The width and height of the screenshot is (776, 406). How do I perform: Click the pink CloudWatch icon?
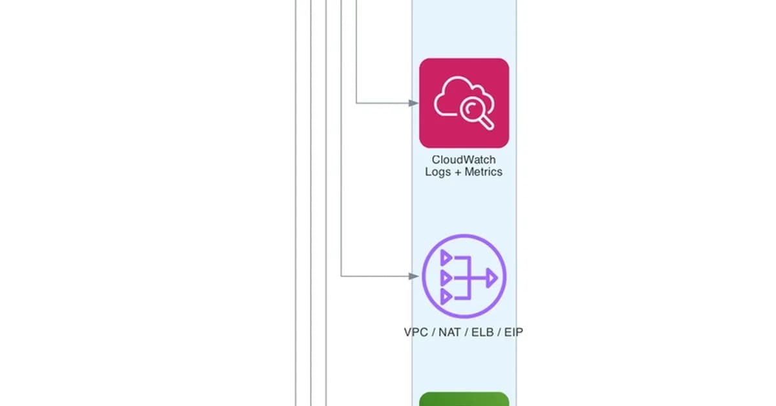point(464,103)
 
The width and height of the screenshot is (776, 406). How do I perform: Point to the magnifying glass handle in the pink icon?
point(488,122)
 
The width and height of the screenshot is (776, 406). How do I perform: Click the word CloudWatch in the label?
point(464,160)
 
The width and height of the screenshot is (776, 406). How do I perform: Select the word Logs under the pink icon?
point(438,172)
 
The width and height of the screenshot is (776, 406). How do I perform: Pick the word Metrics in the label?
point(483,172)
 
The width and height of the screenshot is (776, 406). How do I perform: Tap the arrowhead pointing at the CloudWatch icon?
point(415,102)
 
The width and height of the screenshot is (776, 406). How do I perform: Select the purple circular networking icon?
point(464,277)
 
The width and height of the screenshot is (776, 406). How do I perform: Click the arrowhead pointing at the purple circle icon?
point(415,276)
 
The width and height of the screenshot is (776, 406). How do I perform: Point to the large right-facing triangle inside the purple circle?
point(492,278)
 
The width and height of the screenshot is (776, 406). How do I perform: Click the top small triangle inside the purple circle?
point(446,258)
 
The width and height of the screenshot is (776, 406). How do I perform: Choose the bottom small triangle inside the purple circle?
point(446,297)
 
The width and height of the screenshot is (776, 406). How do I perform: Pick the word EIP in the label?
point(512,332)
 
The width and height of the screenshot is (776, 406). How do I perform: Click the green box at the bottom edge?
point(464,399)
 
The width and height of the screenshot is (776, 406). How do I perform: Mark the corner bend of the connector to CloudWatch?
point(357,102)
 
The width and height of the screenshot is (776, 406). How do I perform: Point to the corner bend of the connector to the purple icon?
point(341,276)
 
